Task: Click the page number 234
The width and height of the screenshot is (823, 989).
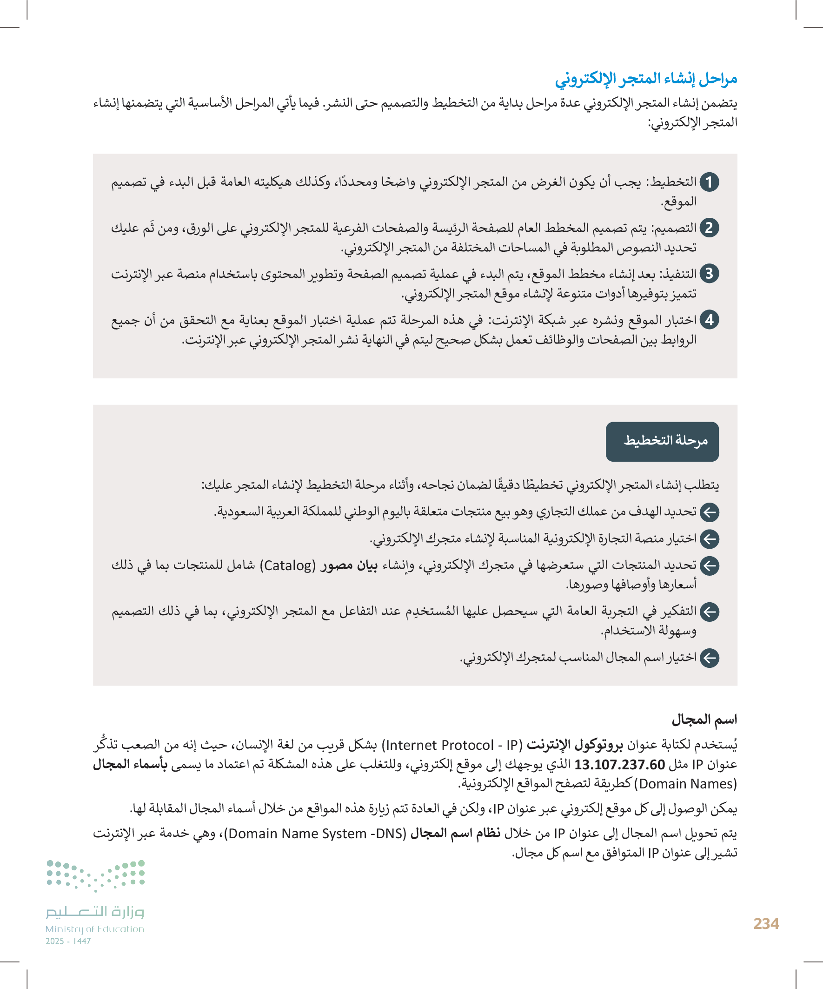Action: pos(766,923)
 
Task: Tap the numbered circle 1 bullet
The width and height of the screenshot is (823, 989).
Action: pos(709,182)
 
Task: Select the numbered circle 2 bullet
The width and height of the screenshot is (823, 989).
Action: pos(709,229)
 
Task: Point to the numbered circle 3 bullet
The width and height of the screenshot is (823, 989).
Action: pos(709,274)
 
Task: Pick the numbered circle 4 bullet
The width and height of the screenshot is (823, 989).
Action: pos(709,320)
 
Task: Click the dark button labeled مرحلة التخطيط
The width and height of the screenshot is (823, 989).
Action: pos(662,441)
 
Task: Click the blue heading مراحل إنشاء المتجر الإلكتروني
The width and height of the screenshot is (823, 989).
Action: pos(645,79)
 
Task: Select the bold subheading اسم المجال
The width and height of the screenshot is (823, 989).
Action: pos(704,720)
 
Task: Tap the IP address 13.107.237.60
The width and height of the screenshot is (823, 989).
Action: pos(619,764)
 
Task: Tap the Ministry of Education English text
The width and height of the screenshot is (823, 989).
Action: pos(94,929)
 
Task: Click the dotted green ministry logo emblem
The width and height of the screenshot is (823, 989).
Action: pos(95,875)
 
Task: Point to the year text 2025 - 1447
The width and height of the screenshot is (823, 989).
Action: pos(68,941)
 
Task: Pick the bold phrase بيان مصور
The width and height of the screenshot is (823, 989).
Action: pos(349,565)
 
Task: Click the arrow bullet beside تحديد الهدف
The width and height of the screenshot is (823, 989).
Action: pos(709,512)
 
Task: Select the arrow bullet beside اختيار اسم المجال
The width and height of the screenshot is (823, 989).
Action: pos(709,658)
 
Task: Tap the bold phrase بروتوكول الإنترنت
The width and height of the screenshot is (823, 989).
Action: pos(574,745)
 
